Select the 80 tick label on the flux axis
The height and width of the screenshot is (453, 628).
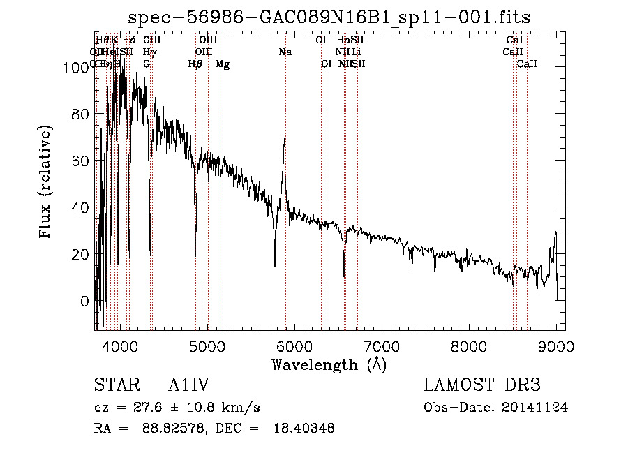(81, 114)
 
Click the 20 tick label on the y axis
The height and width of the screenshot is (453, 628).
(81, 254)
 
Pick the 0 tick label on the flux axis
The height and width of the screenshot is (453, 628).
(85, 301)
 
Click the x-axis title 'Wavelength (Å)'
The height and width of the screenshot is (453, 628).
(329, 364)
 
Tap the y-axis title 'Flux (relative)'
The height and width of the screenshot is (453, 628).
(47, 183)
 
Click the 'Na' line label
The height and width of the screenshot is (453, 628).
(285, 52)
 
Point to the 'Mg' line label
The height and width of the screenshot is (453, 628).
(223, 64)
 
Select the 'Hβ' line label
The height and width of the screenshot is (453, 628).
(195, 64)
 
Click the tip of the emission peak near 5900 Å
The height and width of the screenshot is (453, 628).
(285, 139)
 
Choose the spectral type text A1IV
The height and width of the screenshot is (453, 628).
(188, 386)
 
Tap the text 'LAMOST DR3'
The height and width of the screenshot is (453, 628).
(482, 386)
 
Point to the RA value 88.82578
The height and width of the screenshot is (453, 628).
(166, 429)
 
